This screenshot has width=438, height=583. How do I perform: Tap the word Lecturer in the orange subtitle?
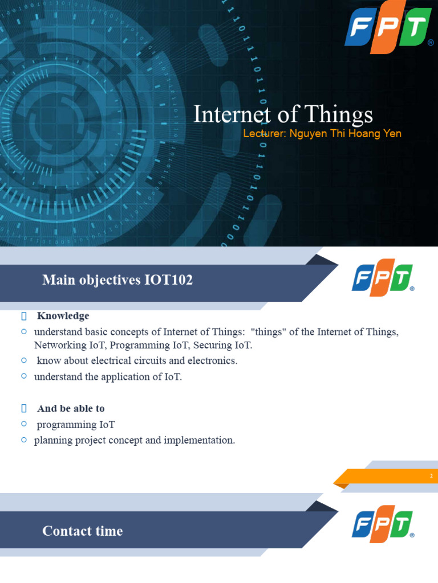(x=264, y=134)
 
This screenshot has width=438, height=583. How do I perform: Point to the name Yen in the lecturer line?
(x=392, y=134)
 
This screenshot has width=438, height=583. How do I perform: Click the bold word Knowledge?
(x=63, y=316)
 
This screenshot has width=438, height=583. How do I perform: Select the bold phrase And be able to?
(x=71, y=409)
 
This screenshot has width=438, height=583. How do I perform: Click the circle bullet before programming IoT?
(x=24, y=424)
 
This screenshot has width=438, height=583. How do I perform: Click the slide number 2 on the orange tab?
(x=431, y=476)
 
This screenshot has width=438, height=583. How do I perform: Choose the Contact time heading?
(x=83, y=531)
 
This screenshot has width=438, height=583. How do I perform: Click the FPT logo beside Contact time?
(x=382, y=524)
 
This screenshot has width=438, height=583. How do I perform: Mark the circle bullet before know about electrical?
(x=24, y=360)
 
